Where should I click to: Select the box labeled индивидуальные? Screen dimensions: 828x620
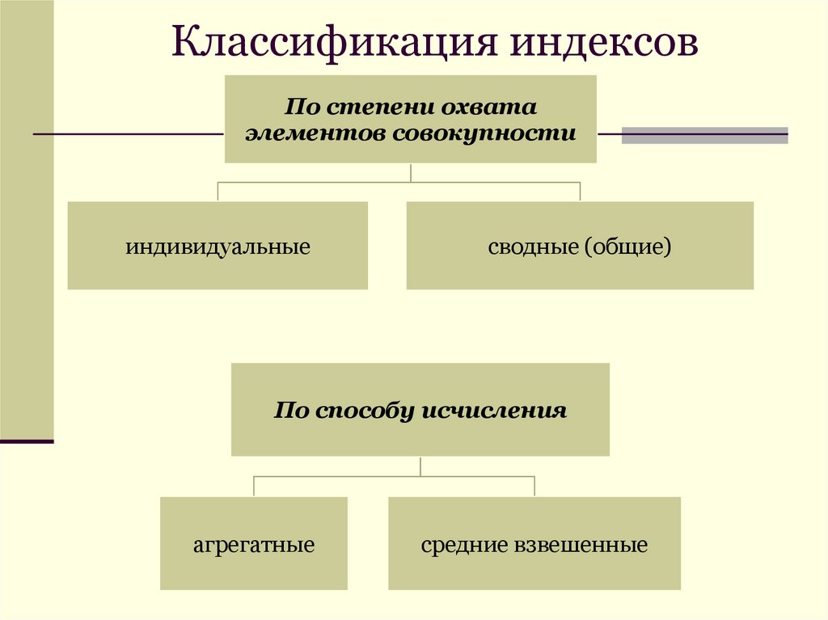tap(218, 246)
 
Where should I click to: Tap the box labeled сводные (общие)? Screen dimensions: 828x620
tap(580, 246)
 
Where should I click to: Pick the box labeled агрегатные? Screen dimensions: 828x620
tap(254, 544)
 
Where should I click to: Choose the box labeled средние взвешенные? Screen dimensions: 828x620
tap(534, 544)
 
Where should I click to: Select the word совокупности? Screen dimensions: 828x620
tap(484, 133)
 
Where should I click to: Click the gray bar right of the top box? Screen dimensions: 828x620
tap(704, 135)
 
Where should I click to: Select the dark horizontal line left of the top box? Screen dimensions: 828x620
tap(129, 134)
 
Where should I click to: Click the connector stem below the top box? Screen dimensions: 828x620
tap(412, 172)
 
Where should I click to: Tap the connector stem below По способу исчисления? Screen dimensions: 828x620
tap(420, 466)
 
